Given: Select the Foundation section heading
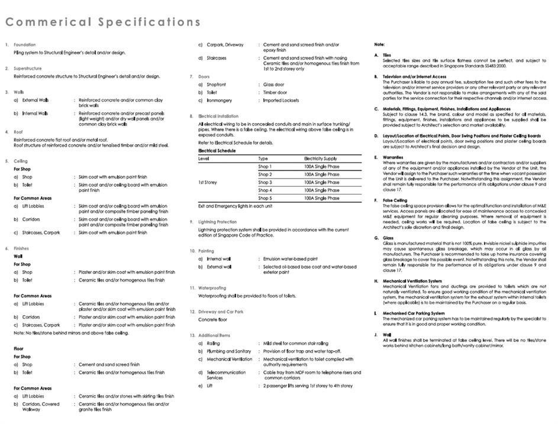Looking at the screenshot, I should (24, 45).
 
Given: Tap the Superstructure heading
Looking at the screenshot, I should (27, 69).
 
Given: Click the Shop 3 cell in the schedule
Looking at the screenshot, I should (265, 183).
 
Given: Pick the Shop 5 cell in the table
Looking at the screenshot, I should (265, 199).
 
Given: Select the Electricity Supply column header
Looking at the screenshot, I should (321, 159).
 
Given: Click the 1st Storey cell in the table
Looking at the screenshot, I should (208, 183).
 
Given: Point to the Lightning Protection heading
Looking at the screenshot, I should (217, 222).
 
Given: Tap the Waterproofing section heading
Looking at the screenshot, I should (212, 288).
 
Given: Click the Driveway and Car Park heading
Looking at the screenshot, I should (221, 312).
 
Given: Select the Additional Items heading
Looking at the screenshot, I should (214, 335).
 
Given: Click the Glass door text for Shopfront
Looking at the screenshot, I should (274, 85).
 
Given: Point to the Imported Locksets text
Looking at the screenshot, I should (281, 101).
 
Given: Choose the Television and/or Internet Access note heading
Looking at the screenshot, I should (414, 76).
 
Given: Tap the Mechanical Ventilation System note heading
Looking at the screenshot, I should (412, 281).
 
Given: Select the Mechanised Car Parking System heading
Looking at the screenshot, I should (413, 313).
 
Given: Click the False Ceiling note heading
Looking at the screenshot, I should (395, 200).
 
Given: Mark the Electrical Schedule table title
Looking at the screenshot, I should (217, 151).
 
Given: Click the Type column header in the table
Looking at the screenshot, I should (263, 159).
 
